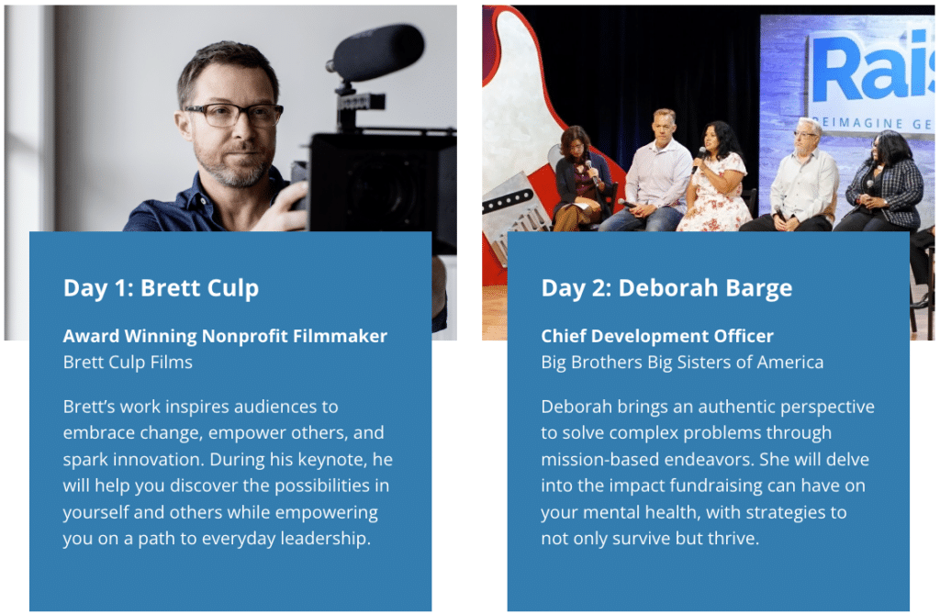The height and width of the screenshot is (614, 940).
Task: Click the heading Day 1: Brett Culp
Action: (162, 288)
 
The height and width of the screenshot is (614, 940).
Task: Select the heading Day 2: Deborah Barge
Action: (666, 288)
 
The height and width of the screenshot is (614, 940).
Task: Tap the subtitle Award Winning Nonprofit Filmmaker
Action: (225, 337)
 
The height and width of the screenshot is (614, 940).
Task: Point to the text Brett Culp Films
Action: (128, 363)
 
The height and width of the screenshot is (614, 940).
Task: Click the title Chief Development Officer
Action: (657, 337)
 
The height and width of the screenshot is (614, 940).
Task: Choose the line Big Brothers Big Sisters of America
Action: (682, 363)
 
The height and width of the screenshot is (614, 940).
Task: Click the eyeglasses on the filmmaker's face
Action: (234, 115)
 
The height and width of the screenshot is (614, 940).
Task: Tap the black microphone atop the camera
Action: (376, 52)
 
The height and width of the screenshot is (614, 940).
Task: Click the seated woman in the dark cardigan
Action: (579, 180)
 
